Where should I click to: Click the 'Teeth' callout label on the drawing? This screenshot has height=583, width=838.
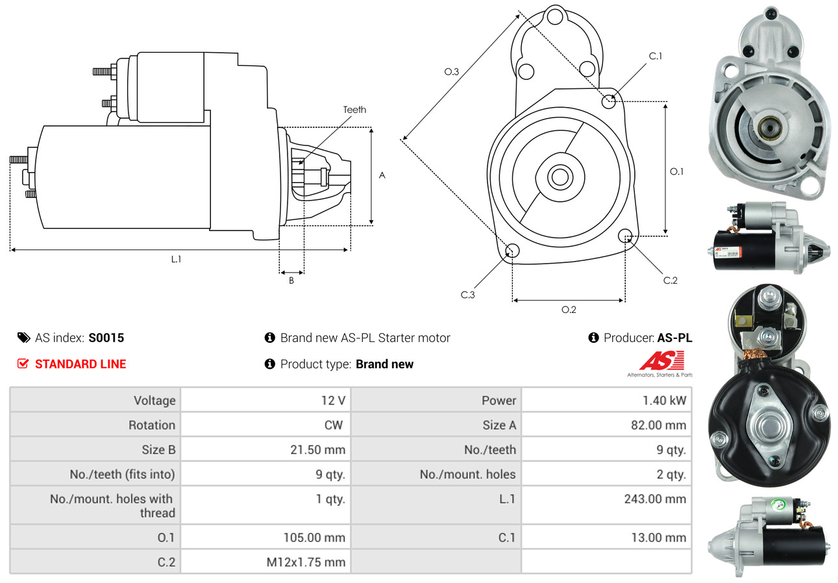pos(354,110)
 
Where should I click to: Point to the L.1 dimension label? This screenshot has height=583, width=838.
pos(176,259)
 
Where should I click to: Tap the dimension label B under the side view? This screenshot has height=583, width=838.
pos(291,280)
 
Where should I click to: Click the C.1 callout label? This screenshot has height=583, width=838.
pos(656,56)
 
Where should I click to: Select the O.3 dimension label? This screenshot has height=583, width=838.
pos(452,71)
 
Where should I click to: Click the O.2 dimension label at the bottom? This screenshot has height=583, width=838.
pos(569,310)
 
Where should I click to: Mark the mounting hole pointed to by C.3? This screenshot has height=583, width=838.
pos(512,251)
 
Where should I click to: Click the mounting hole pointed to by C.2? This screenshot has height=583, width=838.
pos(625,236)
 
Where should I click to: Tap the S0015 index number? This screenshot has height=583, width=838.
pos(106,338)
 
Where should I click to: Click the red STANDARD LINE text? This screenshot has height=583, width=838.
pos(80,364)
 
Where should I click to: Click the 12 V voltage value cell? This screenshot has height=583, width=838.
pos(334,401)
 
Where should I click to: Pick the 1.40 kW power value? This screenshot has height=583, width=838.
pos(665,401)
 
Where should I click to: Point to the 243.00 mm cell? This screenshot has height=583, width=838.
pos(655,499)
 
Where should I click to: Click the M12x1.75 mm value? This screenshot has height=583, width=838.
pos(306,562)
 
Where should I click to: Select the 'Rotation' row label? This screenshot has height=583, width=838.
pos(152,425)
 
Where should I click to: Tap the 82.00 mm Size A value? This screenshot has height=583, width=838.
pos(658,425)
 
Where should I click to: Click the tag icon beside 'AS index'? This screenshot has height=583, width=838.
pos(24,338)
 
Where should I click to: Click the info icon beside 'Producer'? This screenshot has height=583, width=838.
pos(593,338)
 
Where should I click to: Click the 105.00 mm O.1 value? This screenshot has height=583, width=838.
pos(314,538)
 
